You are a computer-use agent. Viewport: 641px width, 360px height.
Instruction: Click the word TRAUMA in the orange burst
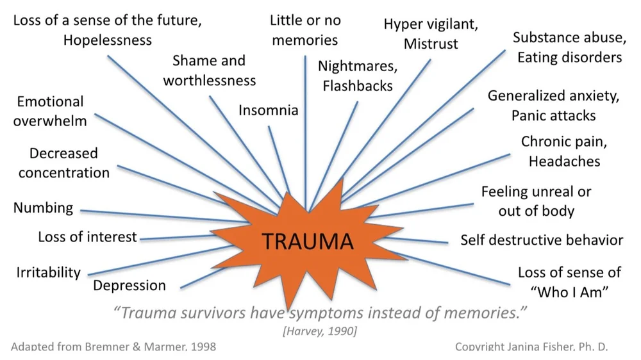click(x=308, y=241)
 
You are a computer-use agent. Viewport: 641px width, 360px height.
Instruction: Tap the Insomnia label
click(x=269, y=110)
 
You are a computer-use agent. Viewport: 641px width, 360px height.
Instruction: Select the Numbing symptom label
click(x=43, y=208)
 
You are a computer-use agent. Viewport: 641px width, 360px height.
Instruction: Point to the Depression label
click(x=129, y=285)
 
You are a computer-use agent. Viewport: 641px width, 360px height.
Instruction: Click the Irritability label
click(x=49, y=272)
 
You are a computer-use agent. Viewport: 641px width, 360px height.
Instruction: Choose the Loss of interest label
click(x=88, y=237)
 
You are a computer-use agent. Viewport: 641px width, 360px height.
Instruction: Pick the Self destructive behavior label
click(x=542, y=240)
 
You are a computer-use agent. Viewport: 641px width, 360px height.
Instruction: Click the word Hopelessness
click(x=108, y=40)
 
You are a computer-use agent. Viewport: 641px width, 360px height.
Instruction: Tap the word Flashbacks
click(x=358, y=85)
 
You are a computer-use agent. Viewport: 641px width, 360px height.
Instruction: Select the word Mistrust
click(x=431, y=44)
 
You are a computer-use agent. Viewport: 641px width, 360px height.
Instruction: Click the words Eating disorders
click(x=569, y=58)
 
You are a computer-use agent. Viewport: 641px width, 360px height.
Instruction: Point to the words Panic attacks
click(x=553, y=116)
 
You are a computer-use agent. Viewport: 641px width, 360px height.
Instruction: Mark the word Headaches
click(x=564, y=161)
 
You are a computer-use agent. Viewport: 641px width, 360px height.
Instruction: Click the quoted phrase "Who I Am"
click(x=569, y=291)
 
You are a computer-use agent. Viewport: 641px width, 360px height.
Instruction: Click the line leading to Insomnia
click(x=279, y=160)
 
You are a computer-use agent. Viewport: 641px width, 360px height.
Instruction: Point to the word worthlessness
click(x=210, y=81)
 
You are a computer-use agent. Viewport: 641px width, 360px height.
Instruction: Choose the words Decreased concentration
click(x=64, y=163)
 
